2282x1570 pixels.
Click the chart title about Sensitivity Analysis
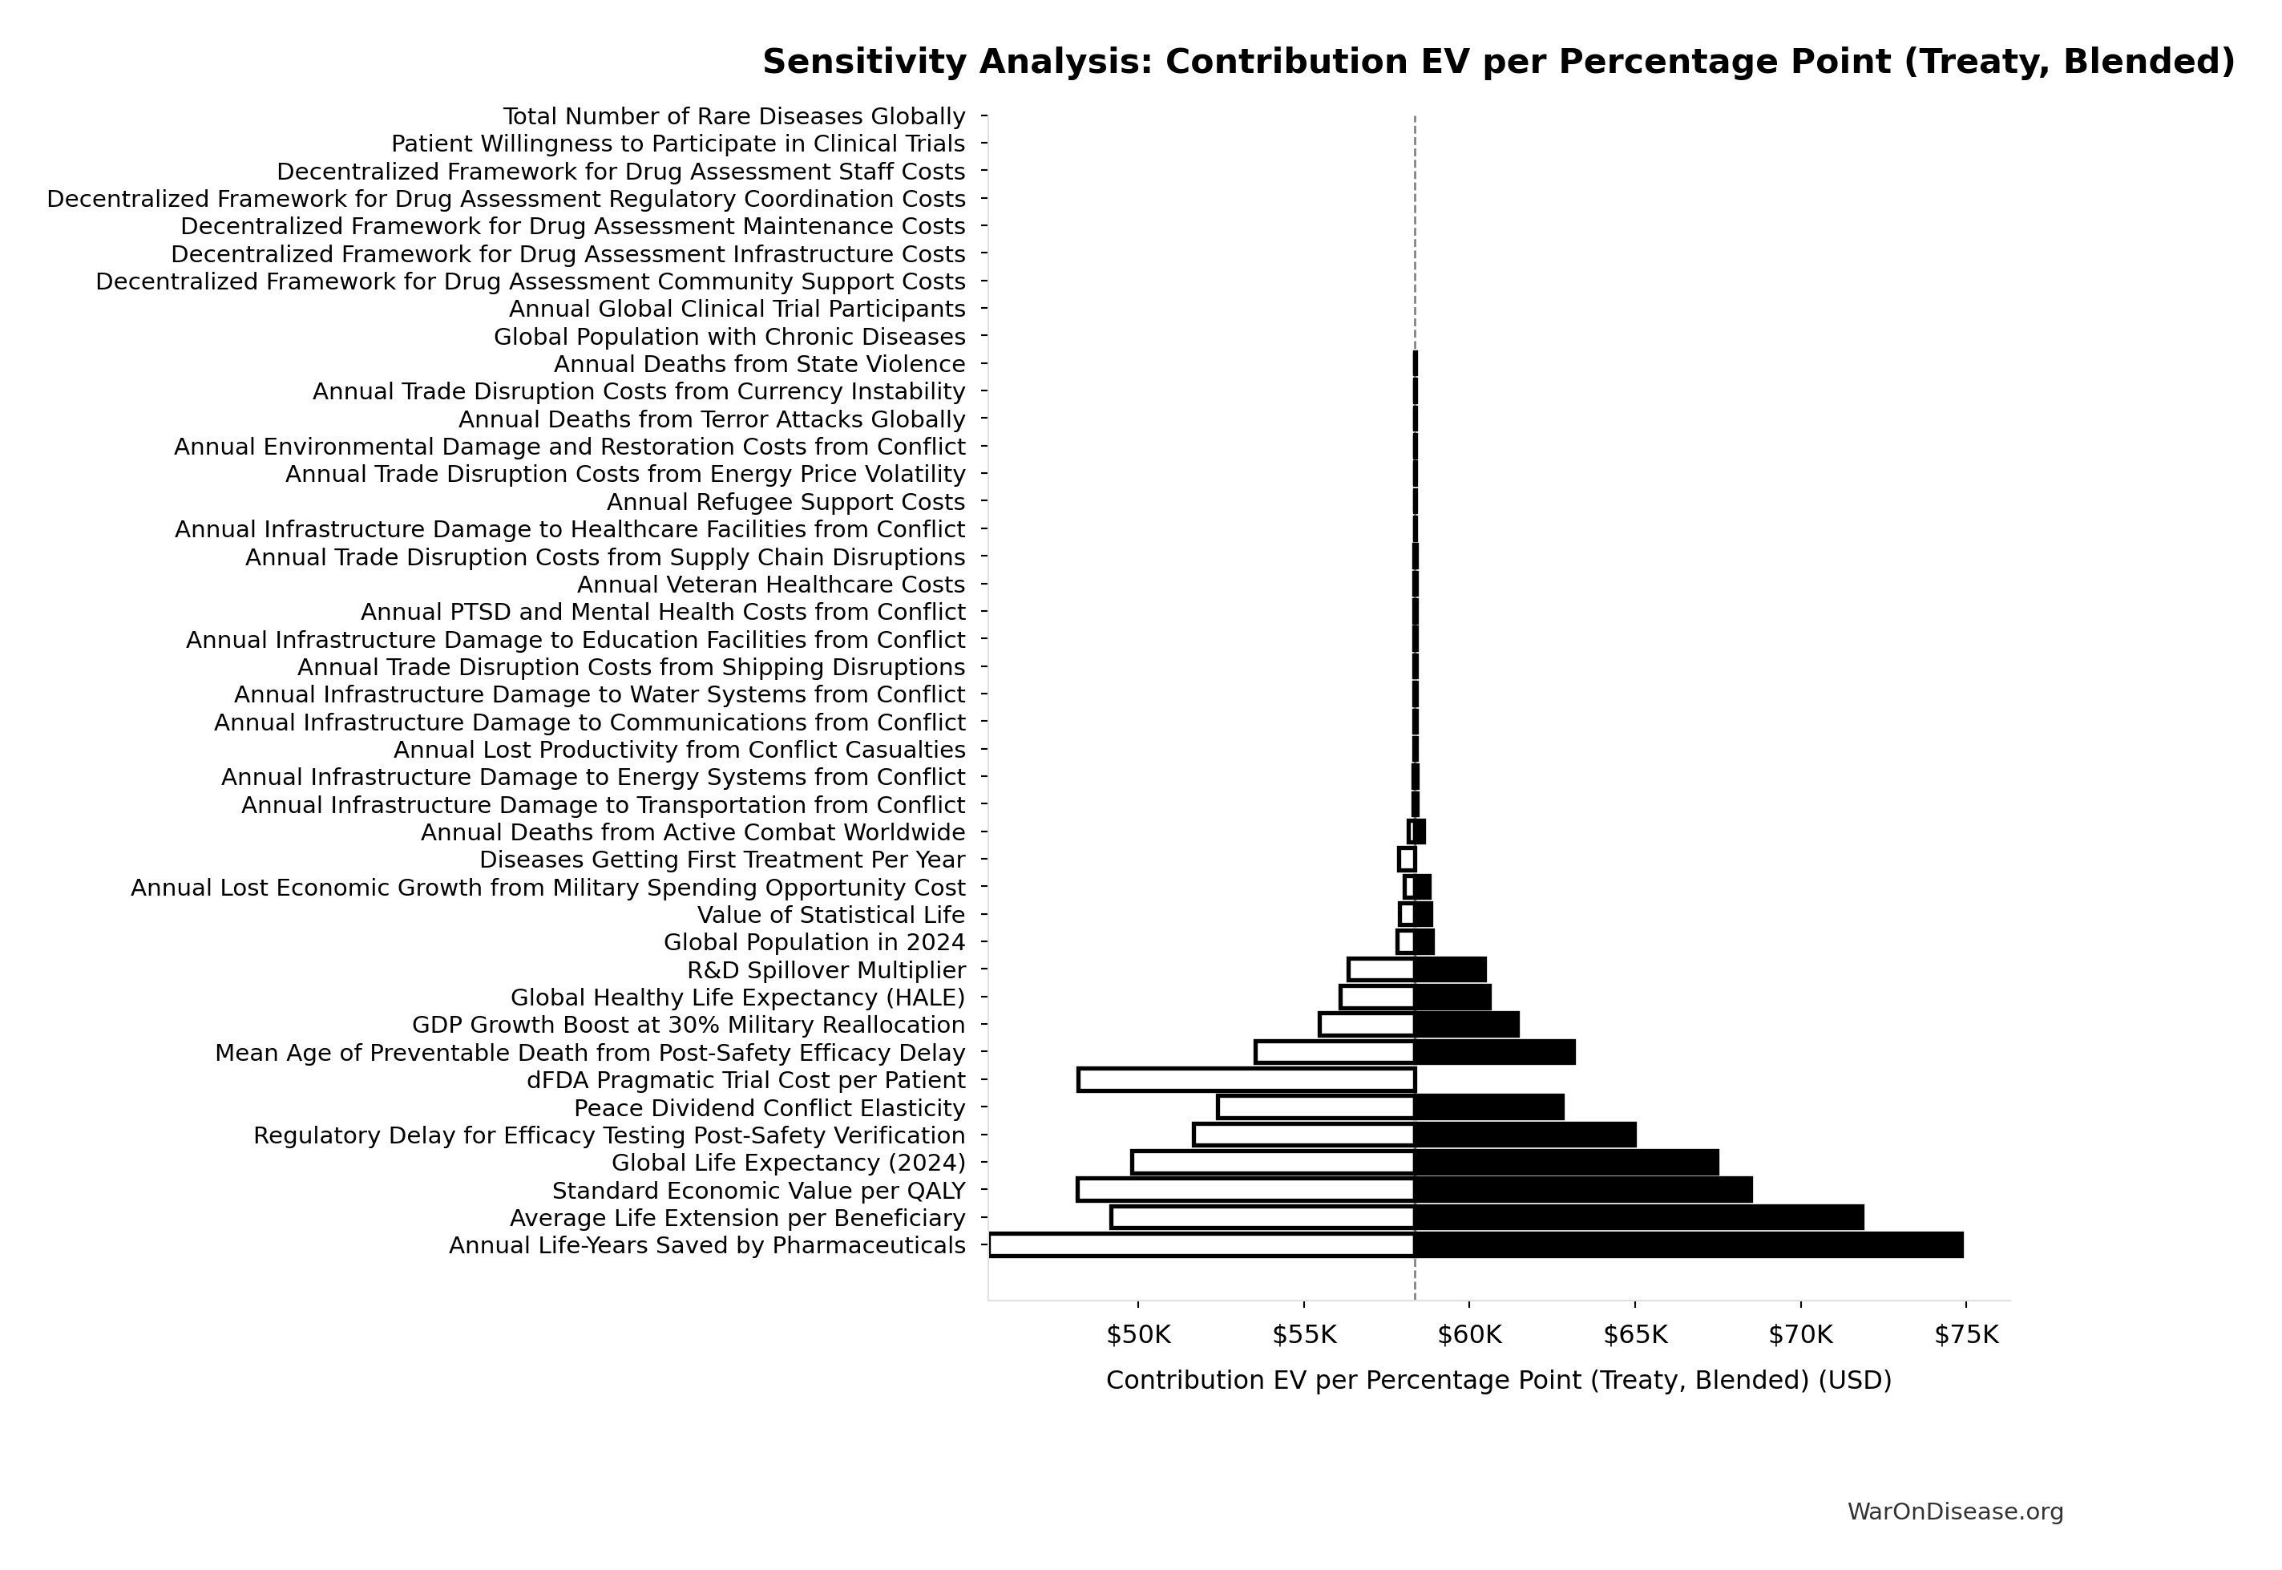point(1498,62)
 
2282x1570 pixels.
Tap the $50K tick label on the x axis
point(1137,1335)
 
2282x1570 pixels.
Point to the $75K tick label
point(1966,1335)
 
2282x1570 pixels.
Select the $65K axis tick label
point(1635,1335)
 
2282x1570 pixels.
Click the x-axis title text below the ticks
point(1498,1380)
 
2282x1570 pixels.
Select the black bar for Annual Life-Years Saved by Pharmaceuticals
point(1688,1245)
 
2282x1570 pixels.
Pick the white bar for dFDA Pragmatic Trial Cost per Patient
point(1246,1080)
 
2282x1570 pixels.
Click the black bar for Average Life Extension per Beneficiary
point(1638,1218)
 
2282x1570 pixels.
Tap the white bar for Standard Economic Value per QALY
point(1246,1190)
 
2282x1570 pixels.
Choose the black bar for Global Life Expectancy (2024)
point(1566,1163)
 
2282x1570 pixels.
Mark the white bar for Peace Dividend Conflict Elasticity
point(1315,1107)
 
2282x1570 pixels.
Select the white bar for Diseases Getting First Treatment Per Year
point(1407,860)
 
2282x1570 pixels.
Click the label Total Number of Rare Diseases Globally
point(733,117)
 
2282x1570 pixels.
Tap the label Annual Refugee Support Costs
point(786,503)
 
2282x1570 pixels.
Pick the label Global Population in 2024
point(814,942)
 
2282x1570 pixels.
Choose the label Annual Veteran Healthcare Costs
point(771,585)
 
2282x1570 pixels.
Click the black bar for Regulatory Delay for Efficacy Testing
point(1525,1135)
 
